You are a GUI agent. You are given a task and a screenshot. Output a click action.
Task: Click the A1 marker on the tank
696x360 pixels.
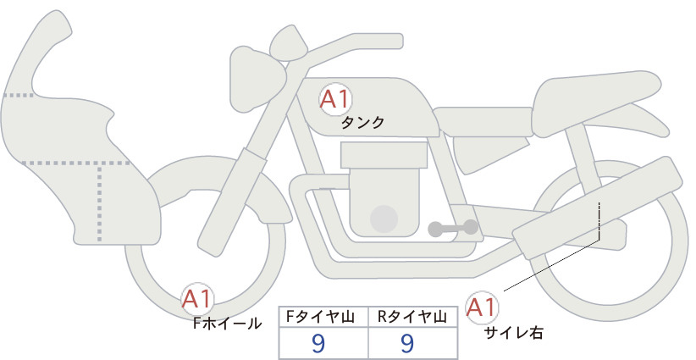coord(335,99)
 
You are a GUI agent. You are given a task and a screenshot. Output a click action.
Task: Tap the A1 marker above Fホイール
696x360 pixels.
coord(197,299)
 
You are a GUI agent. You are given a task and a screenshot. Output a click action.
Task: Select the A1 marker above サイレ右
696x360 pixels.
coord(481,307)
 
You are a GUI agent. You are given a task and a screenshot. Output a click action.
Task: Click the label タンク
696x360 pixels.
coord(362,123)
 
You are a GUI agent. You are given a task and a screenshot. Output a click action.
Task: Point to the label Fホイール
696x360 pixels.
coord(227,324)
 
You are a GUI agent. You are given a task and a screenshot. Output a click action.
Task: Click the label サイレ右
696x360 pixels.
coord(513,333)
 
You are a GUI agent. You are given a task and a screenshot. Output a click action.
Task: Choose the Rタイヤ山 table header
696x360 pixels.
coord(412,317)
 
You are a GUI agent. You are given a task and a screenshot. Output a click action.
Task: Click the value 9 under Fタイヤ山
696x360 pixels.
coord(318,343)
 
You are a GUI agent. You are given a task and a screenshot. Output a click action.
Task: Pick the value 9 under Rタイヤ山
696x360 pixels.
coord(407,343)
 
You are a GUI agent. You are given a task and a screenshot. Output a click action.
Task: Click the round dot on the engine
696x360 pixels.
coord(384,219)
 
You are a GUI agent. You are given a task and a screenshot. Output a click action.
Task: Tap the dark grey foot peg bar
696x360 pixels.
coord(453,228)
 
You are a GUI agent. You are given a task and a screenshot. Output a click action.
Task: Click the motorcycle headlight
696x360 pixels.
coord(257,79)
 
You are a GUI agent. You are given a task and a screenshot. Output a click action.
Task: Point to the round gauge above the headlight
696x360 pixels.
coord(289,43)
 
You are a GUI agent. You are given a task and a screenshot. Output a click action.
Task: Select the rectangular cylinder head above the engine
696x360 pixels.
coord(384,155)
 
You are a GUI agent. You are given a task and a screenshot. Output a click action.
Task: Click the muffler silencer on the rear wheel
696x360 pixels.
coord(597,208)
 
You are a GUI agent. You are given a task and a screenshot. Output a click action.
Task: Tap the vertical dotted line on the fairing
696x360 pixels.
coord(99,202)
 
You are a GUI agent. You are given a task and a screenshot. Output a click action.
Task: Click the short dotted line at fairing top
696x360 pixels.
coord(19,95)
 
